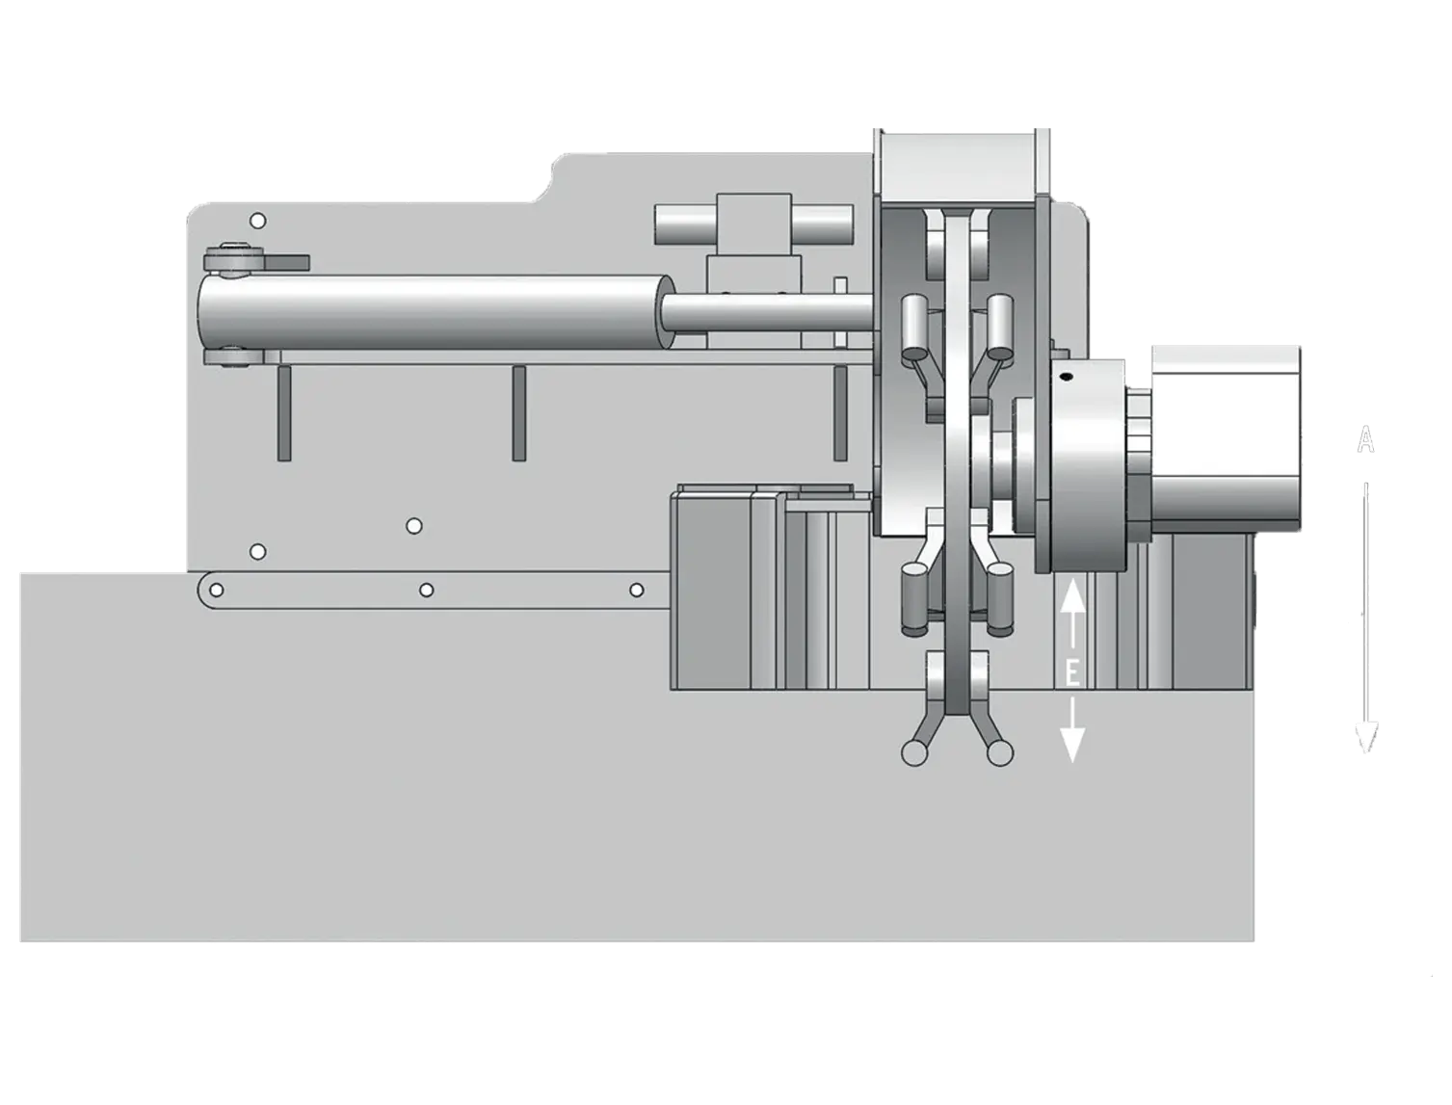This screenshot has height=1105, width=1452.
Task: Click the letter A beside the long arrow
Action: click(1365, 439)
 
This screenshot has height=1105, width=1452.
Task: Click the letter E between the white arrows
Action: click(1072, 673)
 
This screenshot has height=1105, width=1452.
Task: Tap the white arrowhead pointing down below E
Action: click(1072, 744)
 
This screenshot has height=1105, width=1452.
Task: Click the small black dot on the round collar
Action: click(1065, 377)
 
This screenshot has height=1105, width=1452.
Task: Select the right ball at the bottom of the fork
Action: click(999, 753)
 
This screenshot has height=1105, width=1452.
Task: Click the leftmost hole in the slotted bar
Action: click(217, 590)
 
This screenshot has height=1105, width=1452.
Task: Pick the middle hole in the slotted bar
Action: click(427, 590)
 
